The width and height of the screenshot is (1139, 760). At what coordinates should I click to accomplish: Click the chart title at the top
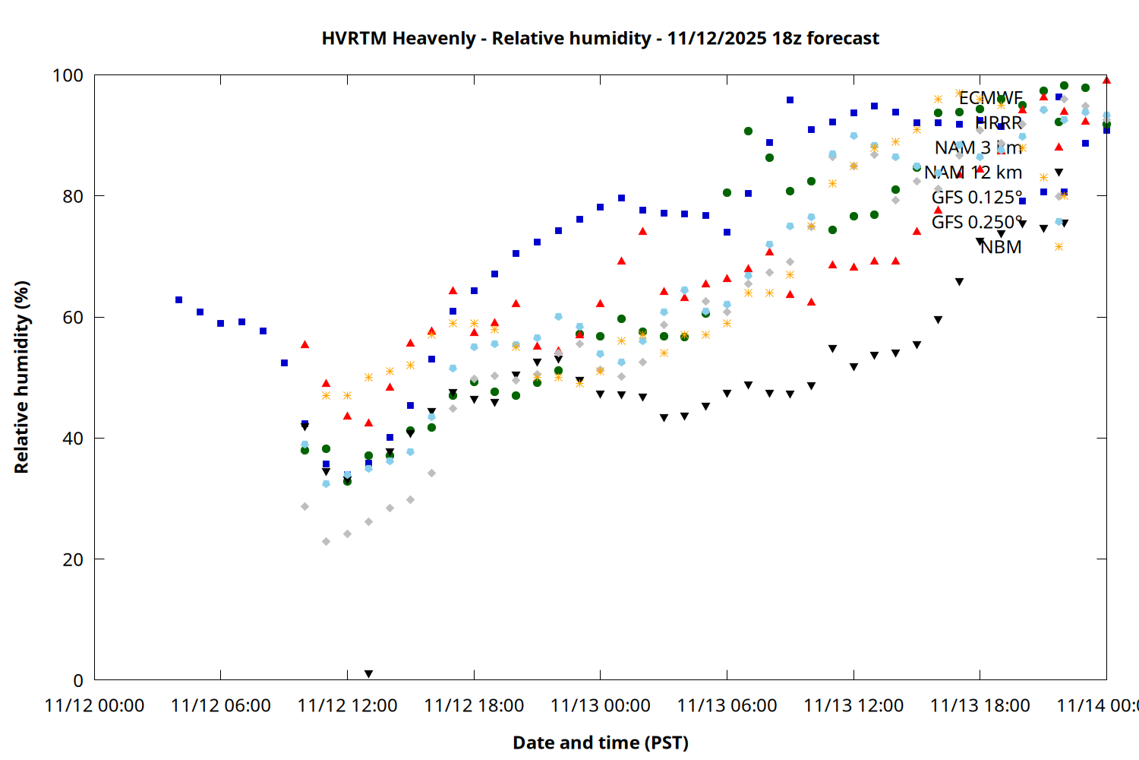click(600, 38)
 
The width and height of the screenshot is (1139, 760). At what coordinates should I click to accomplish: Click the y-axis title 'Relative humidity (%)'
click(21, 377)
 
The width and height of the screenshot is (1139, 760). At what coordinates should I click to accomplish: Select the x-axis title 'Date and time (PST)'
click(600, 743)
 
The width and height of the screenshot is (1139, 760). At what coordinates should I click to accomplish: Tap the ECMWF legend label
click(990, 98)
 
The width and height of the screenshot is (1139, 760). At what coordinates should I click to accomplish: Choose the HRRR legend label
click(999, 123)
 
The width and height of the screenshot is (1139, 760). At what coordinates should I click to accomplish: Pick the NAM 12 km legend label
click(973, 173)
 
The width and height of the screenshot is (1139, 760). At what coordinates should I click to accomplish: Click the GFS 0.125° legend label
click(977, 198)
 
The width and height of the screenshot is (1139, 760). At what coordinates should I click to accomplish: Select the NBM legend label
click(1000, 247)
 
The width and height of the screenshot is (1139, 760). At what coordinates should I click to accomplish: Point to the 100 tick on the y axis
click(68, 75)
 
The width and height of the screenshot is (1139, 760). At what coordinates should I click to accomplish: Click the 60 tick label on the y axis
click(73, 317)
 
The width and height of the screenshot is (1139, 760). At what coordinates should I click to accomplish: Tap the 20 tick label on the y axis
click(73, 559)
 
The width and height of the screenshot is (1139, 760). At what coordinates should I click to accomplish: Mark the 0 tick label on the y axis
click(78, 680)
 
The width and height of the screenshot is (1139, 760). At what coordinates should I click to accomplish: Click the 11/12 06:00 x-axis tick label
click(221, 706)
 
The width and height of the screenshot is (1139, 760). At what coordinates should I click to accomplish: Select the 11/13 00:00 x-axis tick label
click(601, 706)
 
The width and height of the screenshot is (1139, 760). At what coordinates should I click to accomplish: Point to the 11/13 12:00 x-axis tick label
click(853, 706)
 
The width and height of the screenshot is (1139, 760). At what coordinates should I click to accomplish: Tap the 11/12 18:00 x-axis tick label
click(474, 706)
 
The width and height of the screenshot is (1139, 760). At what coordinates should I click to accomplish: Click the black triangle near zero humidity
click(368, 674)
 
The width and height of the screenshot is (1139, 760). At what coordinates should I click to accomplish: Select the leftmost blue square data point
click(178, 299)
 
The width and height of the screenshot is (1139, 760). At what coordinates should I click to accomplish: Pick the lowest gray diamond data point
click(327, 542)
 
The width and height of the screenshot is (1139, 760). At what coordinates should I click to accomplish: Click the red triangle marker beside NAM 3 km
click(1059, 147)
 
